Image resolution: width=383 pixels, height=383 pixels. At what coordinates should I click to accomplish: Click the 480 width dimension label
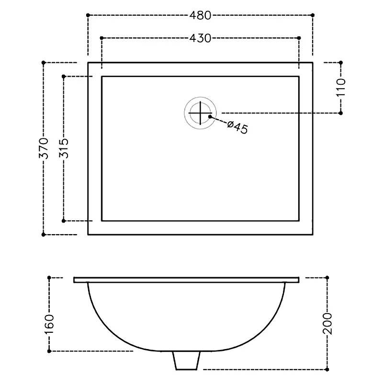(200, 15)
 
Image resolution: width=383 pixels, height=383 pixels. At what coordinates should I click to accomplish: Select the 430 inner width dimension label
(200, 38)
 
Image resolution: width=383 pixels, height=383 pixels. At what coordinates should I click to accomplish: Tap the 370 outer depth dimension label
(44, 148)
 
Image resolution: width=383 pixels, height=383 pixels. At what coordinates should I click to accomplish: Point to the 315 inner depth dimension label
(64, 148)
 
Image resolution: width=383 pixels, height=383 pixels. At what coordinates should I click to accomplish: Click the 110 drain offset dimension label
(341, 87)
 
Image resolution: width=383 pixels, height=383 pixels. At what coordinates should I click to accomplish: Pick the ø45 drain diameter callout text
(237, 127)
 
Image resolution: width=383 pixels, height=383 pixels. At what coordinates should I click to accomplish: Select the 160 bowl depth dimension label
(49, 324)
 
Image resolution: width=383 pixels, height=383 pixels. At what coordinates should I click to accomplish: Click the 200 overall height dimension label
(327, 324)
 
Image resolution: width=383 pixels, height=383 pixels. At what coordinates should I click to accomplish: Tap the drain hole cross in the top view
(200, 113)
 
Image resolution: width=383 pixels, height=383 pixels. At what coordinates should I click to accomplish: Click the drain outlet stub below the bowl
(186, 360)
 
